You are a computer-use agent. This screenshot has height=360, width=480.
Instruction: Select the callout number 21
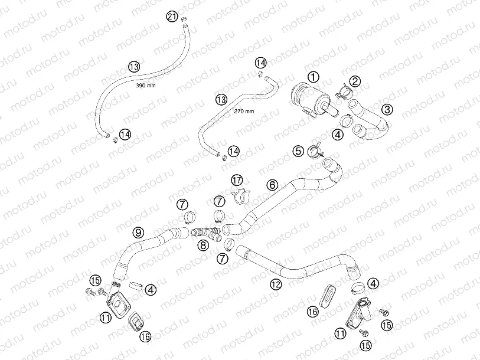[x=172, y=16]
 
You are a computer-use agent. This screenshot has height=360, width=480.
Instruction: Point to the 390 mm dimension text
[x=146, y=86]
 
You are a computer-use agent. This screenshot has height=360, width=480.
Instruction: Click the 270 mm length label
[x=244, y=111]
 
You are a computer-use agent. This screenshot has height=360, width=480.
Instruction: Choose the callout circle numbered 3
[x=387, y=109]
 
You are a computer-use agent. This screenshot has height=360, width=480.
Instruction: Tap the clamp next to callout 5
[x=315, y=150]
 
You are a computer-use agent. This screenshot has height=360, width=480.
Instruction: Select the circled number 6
[x=272, y=185]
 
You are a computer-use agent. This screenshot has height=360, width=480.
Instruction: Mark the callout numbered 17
[x=237, y=180]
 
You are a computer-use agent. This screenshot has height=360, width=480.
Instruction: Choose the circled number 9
[x=138, y=233]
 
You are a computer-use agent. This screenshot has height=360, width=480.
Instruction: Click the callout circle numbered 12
[x=276, y=284]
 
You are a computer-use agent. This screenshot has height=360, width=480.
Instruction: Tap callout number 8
[x=203, y=245]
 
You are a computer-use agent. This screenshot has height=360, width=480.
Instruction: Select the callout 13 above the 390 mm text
[x=134, y=67]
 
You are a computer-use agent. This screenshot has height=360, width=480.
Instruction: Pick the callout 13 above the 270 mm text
[x=221, y=99]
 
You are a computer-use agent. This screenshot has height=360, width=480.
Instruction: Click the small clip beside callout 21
[x=184, y=19]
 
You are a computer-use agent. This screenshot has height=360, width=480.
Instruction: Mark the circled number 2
[x=355, y=81]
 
